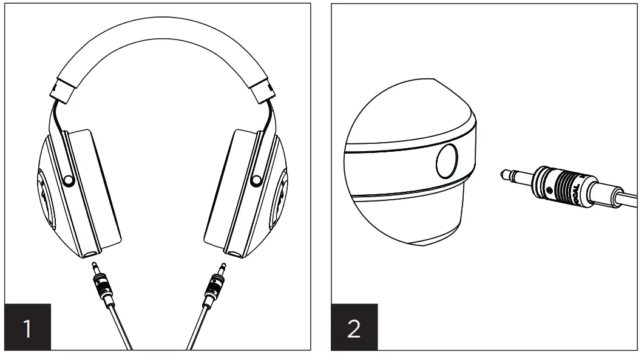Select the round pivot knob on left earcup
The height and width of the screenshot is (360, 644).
pos(69,180)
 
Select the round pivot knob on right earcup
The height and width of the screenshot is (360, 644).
pos(256,180)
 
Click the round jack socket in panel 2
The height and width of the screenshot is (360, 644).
pos(449,159)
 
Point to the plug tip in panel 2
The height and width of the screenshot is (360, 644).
pos(504,175)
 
